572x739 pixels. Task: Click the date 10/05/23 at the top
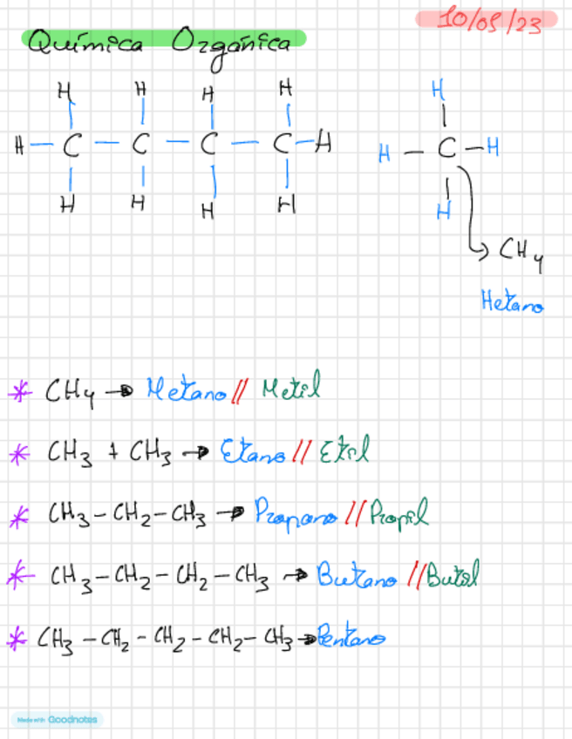coord(488,20)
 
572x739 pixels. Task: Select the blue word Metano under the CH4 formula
coord(512,302)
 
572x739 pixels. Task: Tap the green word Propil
coord(398,514)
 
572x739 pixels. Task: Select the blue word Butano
coord(357,575)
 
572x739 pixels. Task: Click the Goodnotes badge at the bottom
coord(58,720)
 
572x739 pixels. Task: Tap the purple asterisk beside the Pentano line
coord(17,639)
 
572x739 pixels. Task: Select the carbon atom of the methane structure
coord(446,151)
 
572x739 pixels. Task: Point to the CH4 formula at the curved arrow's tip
coord(521,254)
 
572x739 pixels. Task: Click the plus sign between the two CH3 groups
coord(112,451)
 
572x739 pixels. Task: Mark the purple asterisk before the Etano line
coord(17,452)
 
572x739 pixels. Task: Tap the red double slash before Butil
coord(418,576)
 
